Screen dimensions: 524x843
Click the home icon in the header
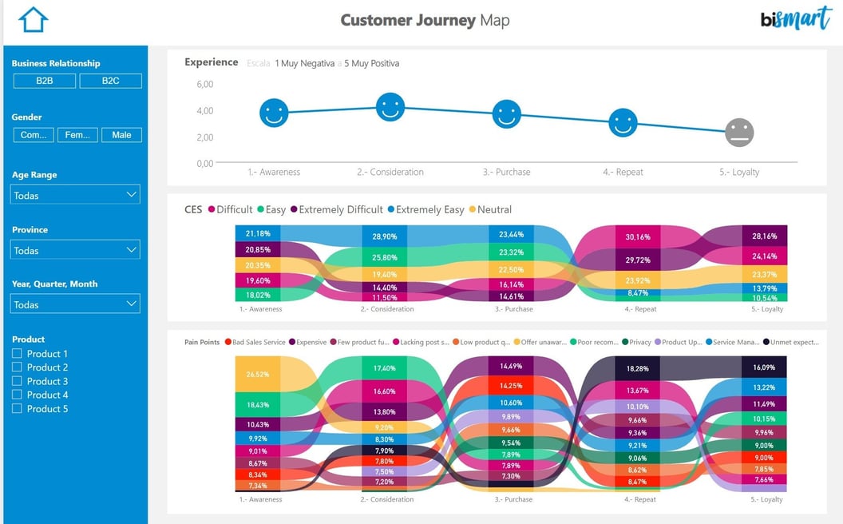click(34, 20)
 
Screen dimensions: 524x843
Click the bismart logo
click(795, 19)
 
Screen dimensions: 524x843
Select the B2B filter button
click(45, 81)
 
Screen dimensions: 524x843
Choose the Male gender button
click(121, 135)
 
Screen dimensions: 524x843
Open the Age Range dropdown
click(75, 195)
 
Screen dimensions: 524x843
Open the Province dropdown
click(75, 250)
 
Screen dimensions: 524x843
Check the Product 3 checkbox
click(17, 381)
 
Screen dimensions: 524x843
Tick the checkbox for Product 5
click(17, 408)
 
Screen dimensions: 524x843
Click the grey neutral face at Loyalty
click(739, 133)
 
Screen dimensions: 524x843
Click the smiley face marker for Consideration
click(390, 107)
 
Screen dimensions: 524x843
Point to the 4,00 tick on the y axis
click(204, 110)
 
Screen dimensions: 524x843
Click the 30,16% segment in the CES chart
click(637, 236)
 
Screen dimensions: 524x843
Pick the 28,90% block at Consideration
click(384, 236)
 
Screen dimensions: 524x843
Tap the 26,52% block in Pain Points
click(257, 374)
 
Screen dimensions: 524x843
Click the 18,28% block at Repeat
click(637, 368)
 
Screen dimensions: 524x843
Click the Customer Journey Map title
click(425, 20)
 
